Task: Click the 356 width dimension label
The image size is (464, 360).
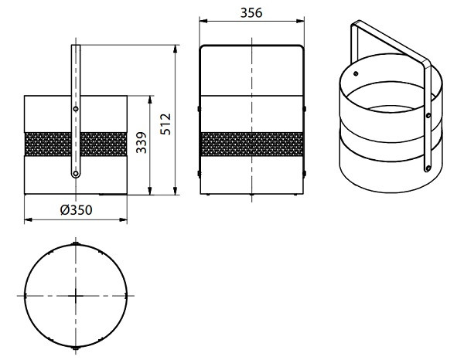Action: [251, 12]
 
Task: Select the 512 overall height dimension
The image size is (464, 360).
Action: [165, 124]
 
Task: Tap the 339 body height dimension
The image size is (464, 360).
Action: [142, 142]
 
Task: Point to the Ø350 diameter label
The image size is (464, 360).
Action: [77, 210]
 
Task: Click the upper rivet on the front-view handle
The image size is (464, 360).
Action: [76, 109]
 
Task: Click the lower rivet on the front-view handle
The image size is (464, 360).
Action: [76, 174]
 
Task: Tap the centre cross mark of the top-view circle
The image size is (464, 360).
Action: [76, 296]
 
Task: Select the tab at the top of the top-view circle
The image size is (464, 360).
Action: [76, 243]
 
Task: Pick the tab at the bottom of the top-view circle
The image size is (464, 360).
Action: [76, 348]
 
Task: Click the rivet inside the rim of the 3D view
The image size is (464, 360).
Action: [356, 73]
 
